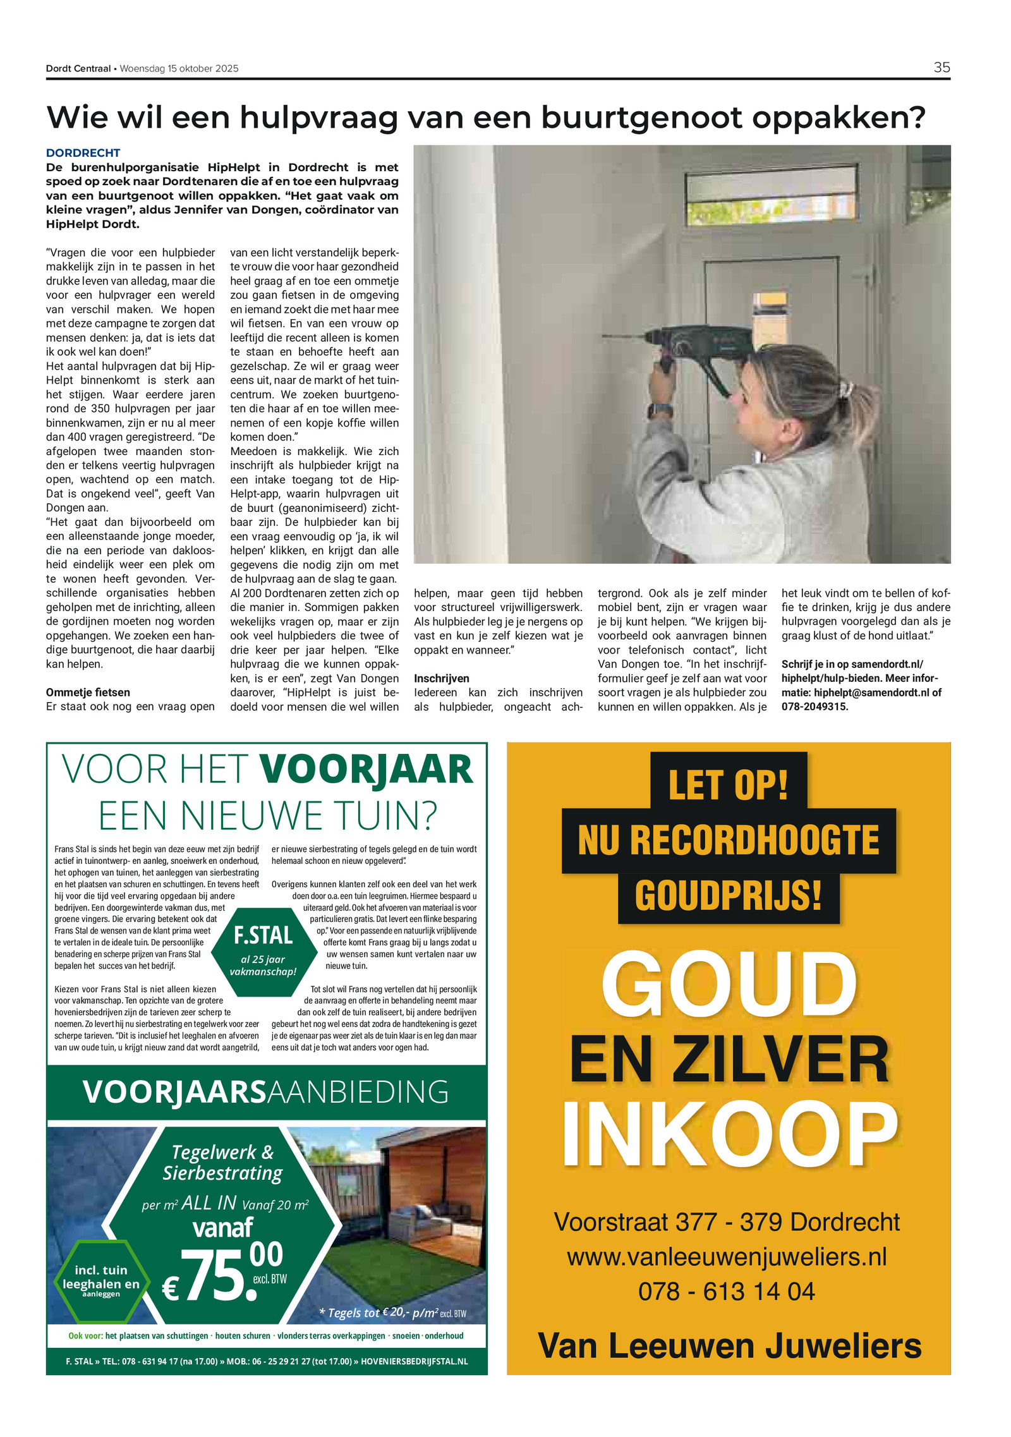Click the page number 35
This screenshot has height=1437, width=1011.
[941, 68]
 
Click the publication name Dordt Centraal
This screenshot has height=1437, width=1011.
[78, 69]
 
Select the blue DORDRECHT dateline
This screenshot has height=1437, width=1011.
[83, 153]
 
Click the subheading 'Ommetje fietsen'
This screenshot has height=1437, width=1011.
[88, 693]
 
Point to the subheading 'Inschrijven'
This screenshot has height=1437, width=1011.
[441, 679]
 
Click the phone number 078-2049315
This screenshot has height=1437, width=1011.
[814, 706]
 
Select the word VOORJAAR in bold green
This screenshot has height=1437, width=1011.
[366, 770]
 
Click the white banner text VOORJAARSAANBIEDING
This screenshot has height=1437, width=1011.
[265, 1092]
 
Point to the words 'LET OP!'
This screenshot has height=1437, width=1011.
[728, 784]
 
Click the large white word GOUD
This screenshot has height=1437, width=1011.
[728, 985]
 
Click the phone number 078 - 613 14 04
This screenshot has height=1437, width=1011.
[726, 1291]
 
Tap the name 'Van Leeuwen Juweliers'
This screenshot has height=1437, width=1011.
[729, 1345]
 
